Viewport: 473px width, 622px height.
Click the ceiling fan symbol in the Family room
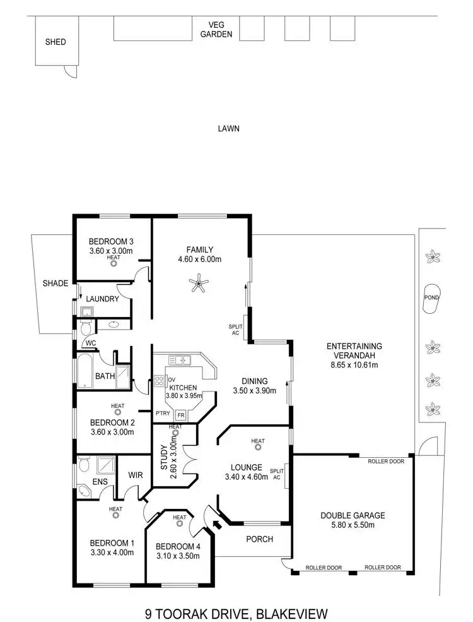point(200,285)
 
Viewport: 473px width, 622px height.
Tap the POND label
point(431,297)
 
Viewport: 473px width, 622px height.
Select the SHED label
point(55,43)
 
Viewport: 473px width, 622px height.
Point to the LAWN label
point(228,128)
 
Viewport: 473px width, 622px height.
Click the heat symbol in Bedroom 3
point(114,264)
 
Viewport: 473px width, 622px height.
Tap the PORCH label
point(259,539)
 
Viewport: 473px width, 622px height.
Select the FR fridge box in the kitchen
point(180,415)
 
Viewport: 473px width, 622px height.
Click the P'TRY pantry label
point(162,414)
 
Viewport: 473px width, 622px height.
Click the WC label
point(90,344)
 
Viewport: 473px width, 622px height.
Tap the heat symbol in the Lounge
point(257,448)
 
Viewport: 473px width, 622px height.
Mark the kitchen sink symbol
point(182,361)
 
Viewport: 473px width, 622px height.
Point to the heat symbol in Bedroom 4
point(180,524)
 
